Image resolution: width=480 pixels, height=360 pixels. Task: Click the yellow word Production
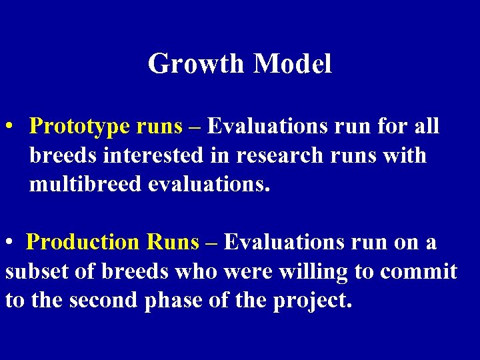click(x=79, y=243)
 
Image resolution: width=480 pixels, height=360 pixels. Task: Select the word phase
click(x=178, y=301)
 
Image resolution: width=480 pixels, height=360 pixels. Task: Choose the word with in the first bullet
click(x=407, y=155)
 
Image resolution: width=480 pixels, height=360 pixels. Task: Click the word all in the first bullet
click(x=426, y=126)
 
